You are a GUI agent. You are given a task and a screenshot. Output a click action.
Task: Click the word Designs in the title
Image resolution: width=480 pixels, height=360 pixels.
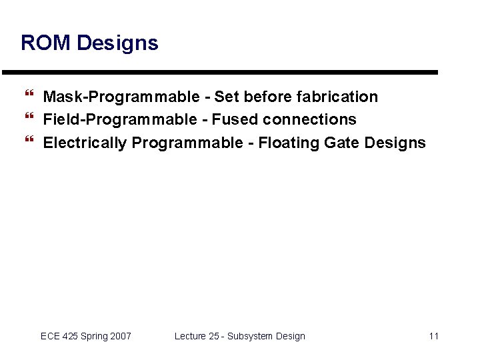click(x=117, y=43)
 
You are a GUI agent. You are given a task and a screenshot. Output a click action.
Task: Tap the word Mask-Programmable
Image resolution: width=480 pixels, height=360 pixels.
click(x=121, y=97)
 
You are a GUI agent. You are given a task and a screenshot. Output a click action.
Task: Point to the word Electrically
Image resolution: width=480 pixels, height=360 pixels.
click(x=85, y=143)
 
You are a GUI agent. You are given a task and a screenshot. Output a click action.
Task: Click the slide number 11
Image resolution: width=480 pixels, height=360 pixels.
click(x=433, y=336)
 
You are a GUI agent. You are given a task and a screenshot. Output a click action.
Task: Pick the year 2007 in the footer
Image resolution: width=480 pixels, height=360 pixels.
click(x=120, y=336)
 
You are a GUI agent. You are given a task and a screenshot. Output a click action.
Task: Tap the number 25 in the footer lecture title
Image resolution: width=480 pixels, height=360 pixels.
click(x=213, y=336)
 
